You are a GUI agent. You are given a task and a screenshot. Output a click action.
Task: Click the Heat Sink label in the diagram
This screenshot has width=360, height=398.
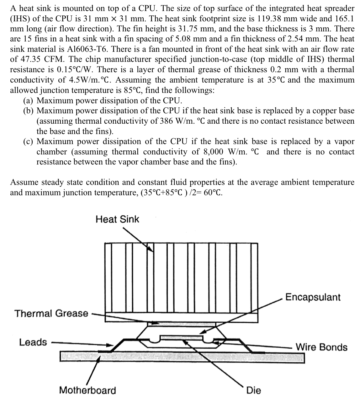pos(117,219)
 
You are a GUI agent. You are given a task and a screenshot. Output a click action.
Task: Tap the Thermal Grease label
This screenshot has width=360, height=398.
pos(51,313)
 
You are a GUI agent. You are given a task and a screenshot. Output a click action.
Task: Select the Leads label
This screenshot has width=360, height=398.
pos(33,342)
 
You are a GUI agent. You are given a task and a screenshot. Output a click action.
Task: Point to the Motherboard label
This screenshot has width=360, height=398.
pos(87,390)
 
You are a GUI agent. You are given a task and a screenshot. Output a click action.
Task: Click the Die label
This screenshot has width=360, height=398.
pos(253,390)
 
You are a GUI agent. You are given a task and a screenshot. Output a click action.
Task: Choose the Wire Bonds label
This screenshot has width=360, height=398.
pos(321,347)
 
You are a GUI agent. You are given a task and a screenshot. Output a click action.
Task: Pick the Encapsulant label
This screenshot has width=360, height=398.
pos(313,297)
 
